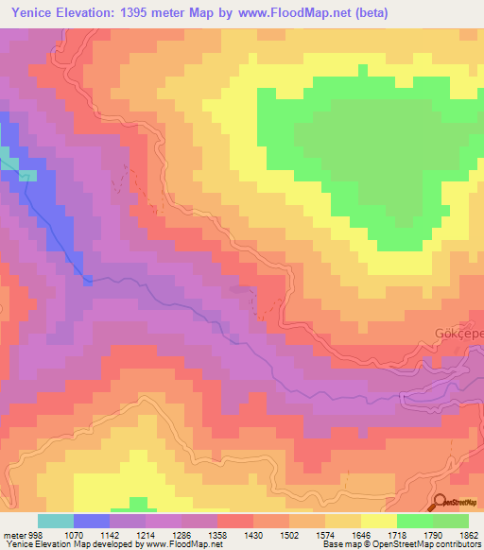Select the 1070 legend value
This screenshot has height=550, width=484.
click(x=72, y=536)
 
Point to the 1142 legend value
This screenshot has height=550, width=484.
click(x=109, y=536)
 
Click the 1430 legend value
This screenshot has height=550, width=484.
click(x=252, y=536)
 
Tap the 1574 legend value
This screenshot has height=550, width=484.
click(x=324, y=536)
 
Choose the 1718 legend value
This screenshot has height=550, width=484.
click(x=396, y=536)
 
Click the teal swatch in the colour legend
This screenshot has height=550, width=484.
click(x=56, y=521)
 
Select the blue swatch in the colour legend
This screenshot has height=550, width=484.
click(x=92, y=521)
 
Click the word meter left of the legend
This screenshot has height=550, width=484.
click(x=13, y=536)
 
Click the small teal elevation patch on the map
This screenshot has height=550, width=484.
click(x=8, y=157)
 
